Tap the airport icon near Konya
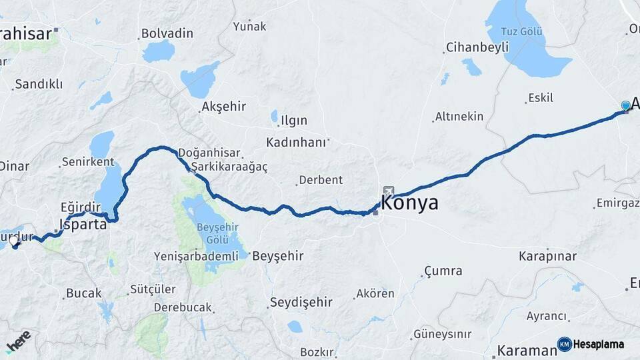pos(389,191)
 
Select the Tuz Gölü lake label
pos(523,32)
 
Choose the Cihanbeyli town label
pos(477,47)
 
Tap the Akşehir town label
pos(223,106)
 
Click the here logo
pos(19,341)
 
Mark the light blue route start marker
pos(625,105)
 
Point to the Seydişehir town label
pos(301,302)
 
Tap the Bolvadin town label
pos(167,33)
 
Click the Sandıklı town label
pos(39,84)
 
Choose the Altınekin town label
pos(459,117)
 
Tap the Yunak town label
pos(249,27)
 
